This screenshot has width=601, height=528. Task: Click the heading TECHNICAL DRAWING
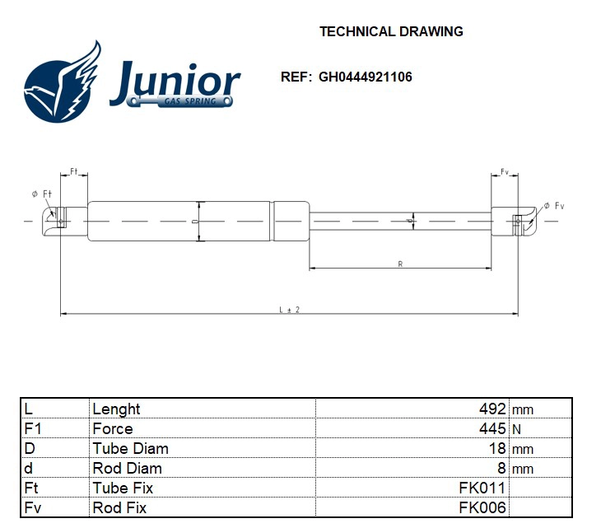[391, 32]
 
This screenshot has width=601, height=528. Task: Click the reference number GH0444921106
[365, 77]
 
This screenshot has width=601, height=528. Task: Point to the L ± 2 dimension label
[289, 310]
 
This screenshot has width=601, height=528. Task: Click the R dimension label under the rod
[400, 264]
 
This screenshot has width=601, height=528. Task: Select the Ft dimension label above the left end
[73, 171]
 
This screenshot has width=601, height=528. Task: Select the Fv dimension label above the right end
[504, 171]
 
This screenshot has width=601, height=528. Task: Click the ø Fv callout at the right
[553, 205]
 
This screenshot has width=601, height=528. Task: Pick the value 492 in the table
[492, 409]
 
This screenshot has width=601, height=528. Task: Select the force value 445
[492, 429]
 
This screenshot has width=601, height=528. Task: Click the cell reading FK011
[482, 488]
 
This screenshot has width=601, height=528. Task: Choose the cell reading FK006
[482, 507]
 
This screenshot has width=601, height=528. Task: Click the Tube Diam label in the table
[130, 449]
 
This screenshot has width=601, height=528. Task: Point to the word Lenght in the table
[116, 409]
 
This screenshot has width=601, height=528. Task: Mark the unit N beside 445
[516, 429]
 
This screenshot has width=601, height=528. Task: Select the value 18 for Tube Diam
[498, 449]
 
